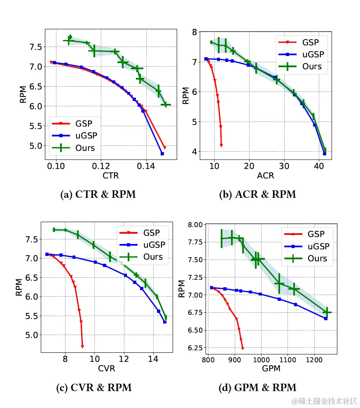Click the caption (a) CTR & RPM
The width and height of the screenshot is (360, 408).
(98, 194)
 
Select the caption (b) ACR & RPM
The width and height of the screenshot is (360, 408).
(257, 194)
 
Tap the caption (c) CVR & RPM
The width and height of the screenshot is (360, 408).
(94, 387)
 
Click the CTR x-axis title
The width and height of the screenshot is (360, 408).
(110, 176)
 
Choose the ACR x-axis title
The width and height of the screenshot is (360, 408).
(265, 176)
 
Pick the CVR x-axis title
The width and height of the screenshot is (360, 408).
(107, 369)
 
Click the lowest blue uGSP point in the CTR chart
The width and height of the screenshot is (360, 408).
(162, 154)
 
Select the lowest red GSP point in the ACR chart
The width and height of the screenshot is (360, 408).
(221, 145)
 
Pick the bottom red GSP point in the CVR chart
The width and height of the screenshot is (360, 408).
(82, 346)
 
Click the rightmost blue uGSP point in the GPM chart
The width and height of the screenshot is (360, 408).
(326, 319)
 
